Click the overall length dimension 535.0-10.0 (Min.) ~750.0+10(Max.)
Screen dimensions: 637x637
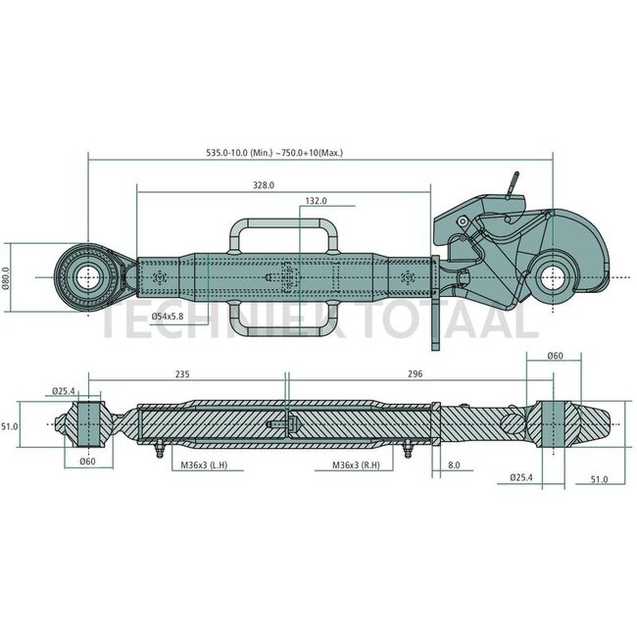pyautogui.click(x=274, y=153)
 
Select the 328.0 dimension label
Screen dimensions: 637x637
pyautogui.click(x=264, y=185)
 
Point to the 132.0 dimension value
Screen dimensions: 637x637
pyautogui.click(x=317, y=201)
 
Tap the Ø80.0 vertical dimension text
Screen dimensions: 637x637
pyautogui.click(x=6, y=277)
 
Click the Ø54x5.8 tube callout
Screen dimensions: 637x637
pyautogui.click(x=168, y=317)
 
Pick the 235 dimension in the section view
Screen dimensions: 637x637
pyautogui.click(x=182, y=373)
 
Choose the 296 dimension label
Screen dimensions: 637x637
pyautogui.click(x=416, y=373)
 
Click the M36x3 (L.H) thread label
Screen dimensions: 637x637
pyautogui.click(x=204, y=465)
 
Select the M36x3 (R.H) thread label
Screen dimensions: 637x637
pyautogui.click(x=357, y=465)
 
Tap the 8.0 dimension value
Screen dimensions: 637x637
pyautogui.click(x=454, y=465)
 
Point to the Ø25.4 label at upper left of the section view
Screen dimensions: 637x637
pyautogui.click(x=64, y=391)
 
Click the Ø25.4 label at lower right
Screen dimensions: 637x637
pyautogui.click(x=521, y=477)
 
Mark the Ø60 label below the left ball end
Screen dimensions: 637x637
pyautogui.click(x=88, y=462)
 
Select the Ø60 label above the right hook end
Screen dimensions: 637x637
pyautogui.click(x=556, y=356)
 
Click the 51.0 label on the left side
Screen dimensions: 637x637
pyautogui.click(x=10, y=426)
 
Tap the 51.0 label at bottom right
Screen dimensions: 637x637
pyautogui.click(x=599, y=479)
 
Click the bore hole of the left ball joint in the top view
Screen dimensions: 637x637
pyautogui.click(x=88, y=277)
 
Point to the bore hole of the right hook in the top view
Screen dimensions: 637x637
pyautogui.click(x=553, y=277)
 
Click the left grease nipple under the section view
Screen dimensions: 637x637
pyautogui.click(x=160, y=449)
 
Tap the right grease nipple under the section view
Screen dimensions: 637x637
pyautogui.click(x=408, y=449)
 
